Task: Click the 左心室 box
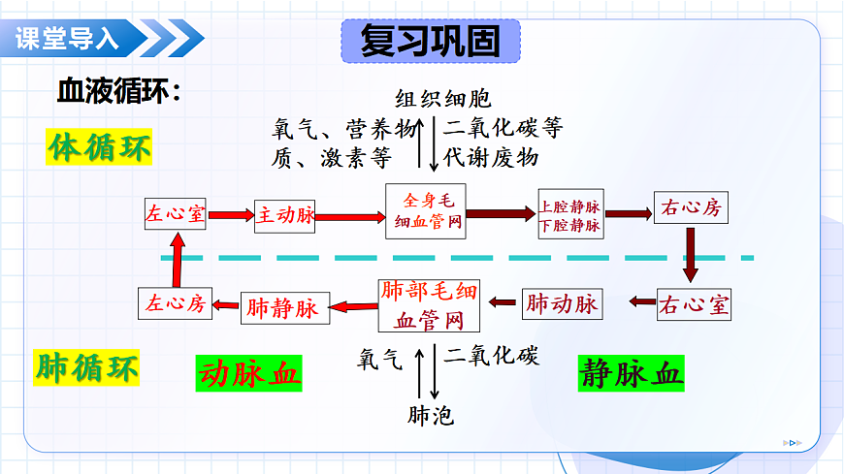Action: (176, 214)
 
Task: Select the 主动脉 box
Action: (286, 215)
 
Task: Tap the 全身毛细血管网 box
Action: (427, 213)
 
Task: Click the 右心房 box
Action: (690, 208)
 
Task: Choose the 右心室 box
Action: (694, 306)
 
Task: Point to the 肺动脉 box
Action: (563, 304)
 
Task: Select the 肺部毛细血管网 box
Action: (429, 305)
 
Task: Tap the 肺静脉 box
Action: (282, 308)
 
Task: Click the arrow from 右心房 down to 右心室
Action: (691, 254)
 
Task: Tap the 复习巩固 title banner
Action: (431, 41)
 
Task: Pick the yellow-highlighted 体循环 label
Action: (100, 149)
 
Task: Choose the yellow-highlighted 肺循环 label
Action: (87, 368)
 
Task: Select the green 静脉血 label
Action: (632, 372)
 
